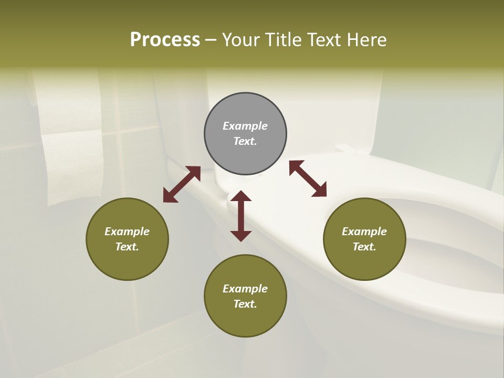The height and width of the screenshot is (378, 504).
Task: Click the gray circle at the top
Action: click(245, 134)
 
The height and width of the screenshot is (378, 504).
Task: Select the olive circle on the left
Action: click(127, 239)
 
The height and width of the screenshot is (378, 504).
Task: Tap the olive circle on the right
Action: click(364, 239)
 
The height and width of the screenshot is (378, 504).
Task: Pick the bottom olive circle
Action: click(245, 296)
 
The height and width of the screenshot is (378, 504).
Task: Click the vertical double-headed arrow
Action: click(241, 216)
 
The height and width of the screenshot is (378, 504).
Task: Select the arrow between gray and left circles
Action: click(182, 184)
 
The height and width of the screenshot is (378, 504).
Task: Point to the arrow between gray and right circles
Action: click(308, 178)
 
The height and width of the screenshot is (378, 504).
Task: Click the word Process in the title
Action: click(165, 39)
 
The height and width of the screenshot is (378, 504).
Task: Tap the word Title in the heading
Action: click(282, 39)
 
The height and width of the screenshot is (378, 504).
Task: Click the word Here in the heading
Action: click(367, 39)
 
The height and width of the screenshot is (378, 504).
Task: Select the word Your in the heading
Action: click(241, 39)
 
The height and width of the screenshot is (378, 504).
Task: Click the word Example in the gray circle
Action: click(245, 126)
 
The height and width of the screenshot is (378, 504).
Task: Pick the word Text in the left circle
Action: click(127, 247)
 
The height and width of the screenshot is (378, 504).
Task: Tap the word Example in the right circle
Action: click(364, 232)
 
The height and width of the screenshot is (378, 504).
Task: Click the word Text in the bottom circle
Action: click(245, 304)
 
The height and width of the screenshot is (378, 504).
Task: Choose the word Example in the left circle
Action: click(127, 232)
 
